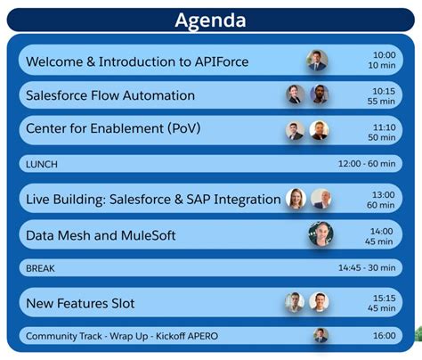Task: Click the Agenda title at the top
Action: pos(210,20)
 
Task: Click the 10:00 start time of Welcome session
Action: pos(384,55)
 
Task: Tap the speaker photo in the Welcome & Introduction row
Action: pos(317,61)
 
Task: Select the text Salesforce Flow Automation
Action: pos(110,95)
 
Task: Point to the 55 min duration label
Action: pos(383,102)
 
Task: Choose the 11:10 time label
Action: pos(384,126)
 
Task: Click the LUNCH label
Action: pos(43,164)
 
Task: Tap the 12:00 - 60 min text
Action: pos(366,164)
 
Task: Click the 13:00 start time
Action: pos(384,194)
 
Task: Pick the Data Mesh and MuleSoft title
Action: pos(101,235)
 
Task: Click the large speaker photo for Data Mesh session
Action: pos(321,234)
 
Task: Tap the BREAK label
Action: pos(41,268)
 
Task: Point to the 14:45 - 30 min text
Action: pos(366,268)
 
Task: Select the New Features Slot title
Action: pos(80,303)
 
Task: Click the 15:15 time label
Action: pos(384,298)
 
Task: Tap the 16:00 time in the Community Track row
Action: pos(384,336)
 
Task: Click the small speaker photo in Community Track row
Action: pos(321,335)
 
